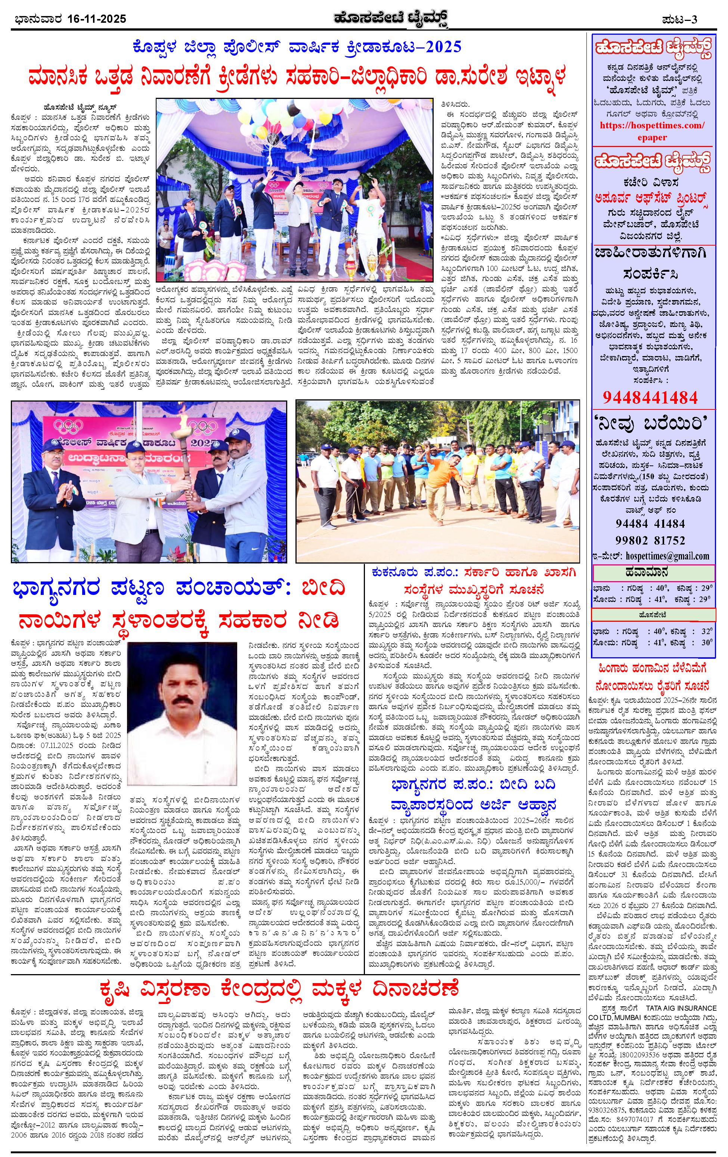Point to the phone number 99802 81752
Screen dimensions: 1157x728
pyautogui.click(x=650, y=540)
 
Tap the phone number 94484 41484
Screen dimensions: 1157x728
pyautogui.click(x=650, y=523)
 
